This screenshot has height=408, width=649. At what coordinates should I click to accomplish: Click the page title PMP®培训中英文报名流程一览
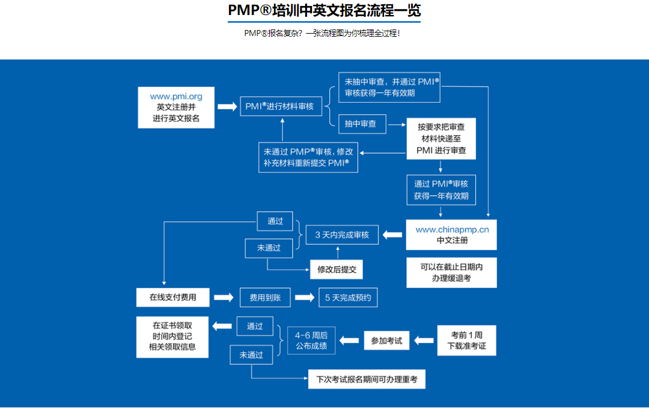coord(324,11)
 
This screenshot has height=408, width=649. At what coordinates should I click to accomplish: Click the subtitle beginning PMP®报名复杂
coord(322,33)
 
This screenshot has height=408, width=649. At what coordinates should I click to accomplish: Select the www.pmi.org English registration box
coord(176,107)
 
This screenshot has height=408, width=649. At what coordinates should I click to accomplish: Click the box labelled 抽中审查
coord(362,124)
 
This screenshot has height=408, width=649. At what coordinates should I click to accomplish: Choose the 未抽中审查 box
coord(389,87)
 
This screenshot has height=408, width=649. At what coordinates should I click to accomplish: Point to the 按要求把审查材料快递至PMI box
coord(441,139)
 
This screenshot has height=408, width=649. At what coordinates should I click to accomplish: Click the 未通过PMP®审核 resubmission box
coord(308,157)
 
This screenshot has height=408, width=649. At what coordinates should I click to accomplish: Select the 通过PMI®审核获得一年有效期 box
coord(440,190)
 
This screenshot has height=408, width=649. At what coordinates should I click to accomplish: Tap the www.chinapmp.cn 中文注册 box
coord(451,234)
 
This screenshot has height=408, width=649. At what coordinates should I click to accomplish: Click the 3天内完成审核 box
coord(342,235)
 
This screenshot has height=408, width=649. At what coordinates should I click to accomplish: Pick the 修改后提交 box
coord(337,269)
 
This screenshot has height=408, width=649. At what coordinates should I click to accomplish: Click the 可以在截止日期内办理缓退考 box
coord(451,272)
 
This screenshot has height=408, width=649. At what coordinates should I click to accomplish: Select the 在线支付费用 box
coord(172,297)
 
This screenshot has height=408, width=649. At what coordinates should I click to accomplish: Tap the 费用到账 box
coord(265,297)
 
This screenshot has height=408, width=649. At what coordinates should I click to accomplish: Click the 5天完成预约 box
coord(348,297)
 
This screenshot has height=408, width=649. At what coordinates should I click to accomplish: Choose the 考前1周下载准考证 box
coord(466,340)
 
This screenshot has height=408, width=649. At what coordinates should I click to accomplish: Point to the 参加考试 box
coord(386,341)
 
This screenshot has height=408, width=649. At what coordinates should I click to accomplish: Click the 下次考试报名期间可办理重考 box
coord(367,379)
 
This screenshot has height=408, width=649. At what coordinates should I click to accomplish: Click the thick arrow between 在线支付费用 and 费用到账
coord(223,297)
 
